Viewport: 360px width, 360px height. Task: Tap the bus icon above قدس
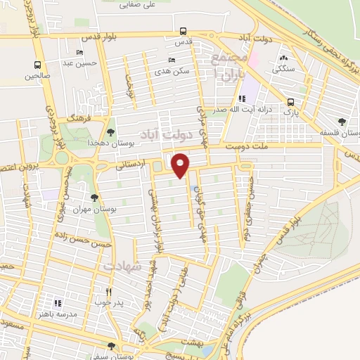pyautogui.click(x=183, y=31)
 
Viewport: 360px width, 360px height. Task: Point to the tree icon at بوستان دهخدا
pyautogui.click(x=110, y=131)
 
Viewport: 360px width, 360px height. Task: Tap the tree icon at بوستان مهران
pyautogui.click(x=95, y=198)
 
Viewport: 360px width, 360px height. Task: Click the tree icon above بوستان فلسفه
pyautogui.click(x=342, y=121)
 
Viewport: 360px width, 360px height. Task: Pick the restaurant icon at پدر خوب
pyautogui.click(x=108, y=292)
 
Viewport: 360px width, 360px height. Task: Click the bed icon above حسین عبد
pyautogui.click(x=79, y=53)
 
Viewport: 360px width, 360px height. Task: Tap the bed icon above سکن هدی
pyautogui.click(x=172, y=60)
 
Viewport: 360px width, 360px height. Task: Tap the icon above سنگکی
pyautogui.click(x=283, y=58)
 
